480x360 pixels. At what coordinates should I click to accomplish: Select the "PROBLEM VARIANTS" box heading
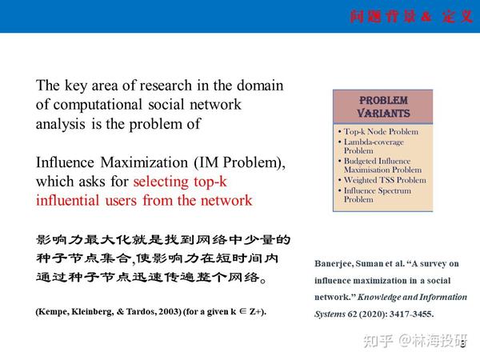tap(383, 107)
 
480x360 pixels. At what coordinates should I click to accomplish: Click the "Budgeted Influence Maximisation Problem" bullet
tap(382, 165)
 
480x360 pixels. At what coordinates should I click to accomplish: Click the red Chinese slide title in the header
tap(411, 17)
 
